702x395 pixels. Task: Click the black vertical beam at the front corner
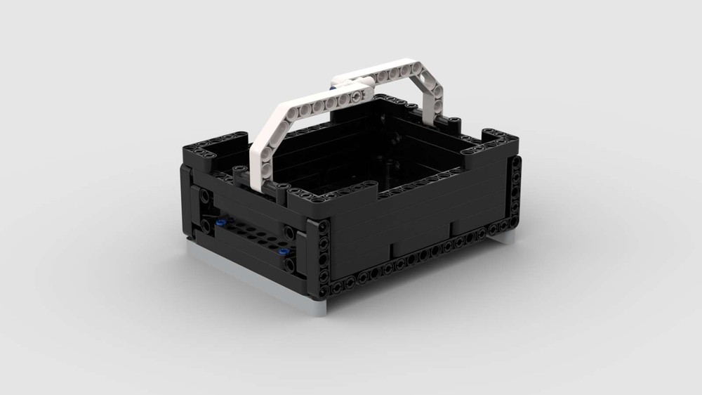(x=323, y=257)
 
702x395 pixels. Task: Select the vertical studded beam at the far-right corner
(x=516, y=190)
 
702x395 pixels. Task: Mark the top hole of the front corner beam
(x=324, y=227)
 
